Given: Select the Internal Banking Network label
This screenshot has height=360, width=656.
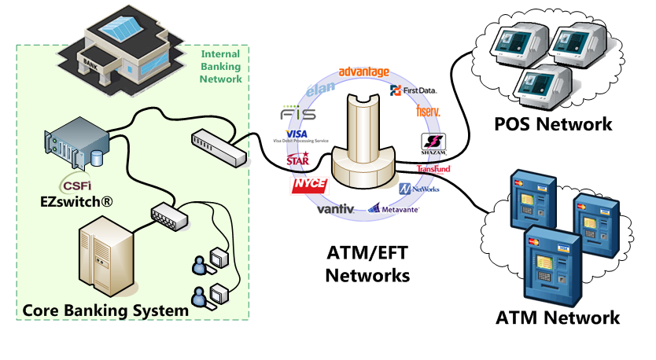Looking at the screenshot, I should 221,67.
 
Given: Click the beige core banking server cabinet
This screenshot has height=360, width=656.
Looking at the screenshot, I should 105,255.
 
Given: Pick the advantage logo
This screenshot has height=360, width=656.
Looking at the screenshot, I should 363,72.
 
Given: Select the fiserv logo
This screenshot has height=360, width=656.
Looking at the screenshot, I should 428,112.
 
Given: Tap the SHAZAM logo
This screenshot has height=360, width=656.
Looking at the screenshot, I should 434,145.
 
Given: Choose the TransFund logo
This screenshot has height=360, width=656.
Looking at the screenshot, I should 433,169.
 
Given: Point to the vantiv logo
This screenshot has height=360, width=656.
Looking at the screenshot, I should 336,209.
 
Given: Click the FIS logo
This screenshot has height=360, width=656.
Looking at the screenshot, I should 298,115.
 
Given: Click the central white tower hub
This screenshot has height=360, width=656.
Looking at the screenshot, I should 363,134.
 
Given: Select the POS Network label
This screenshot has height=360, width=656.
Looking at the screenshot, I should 553,123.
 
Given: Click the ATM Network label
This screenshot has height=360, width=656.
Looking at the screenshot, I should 558,318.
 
